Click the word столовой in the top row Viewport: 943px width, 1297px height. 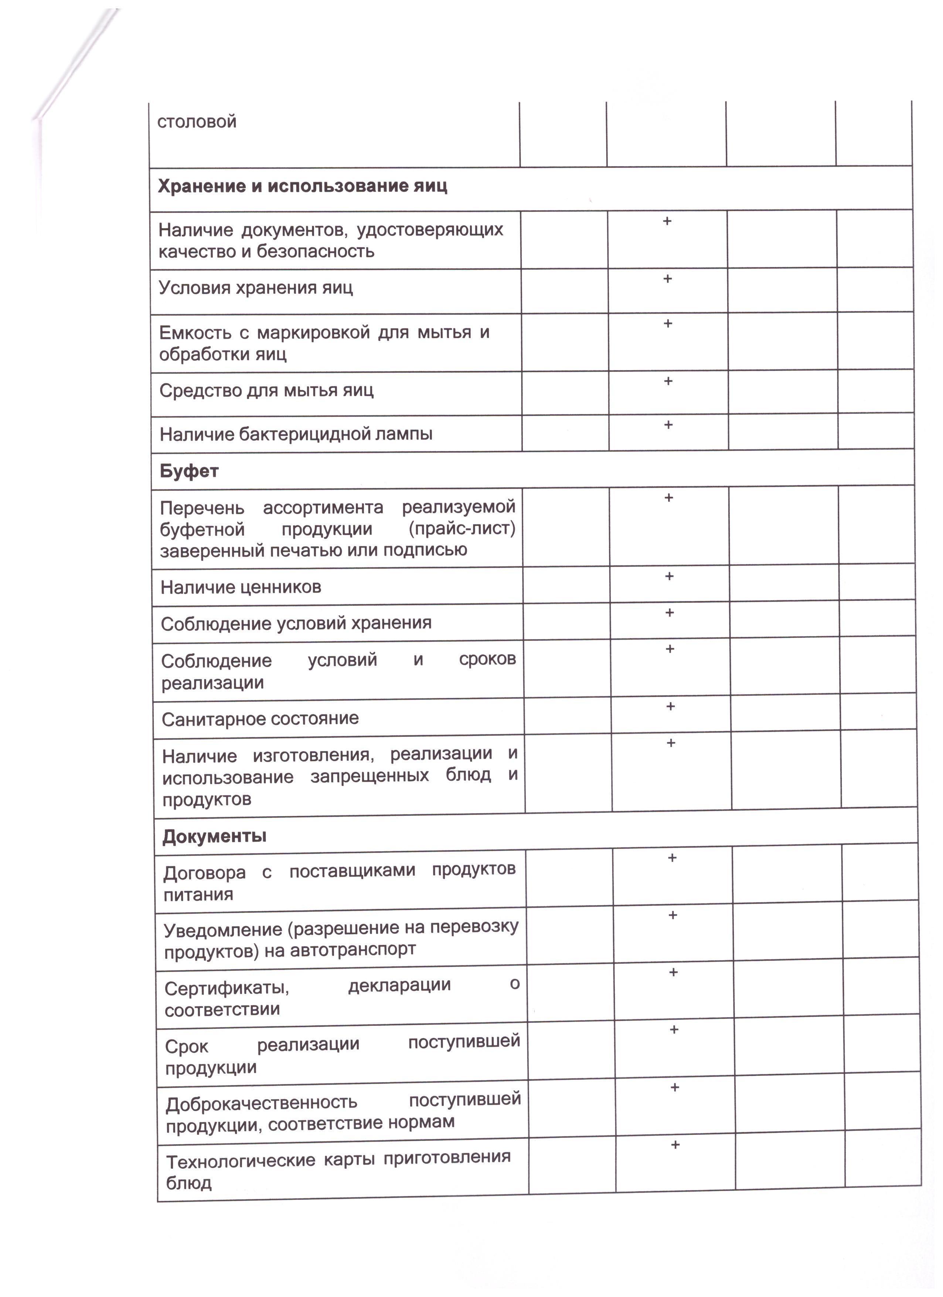click(x=197, y=122)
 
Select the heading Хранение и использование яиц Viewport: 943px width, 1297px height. click(x=302, y=187)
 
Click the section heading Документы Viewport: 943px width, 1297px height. click(x=214, y=837)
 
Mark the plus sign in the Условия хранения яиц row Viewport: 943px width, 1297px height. click(x=667, y=279)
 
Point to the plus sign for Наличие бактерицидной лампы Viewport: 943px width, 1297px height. click(x=668, y=425)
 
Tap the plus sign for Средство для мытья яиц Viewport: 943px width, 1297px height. click(x=668, y=381)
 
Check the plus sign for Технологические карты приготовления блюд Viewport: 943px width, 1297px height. click(x=675, y=1145)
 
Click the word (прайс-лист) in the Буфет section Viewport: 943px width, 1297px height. click(x=462, y=528)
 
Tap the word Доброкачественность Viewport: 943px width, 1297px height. click(x=261, y=1103)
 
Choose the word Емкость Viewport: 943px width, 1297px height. click(x=194, y=333)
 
